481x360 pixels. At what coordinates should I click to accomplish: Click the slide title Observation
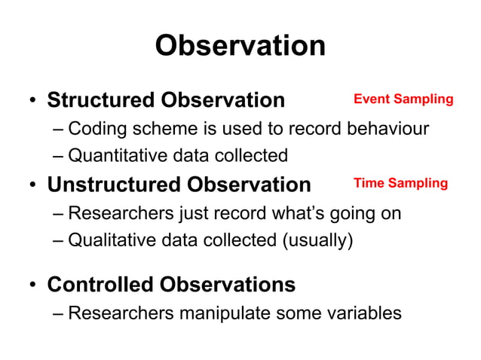[240, 46]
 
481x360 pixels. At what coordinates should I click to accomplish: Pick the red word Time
[369, 184]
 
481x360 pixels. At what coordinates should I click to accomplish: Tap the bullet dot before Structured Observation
[32, 101]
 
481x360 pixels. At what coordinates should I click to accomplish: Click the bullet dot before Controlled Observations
[32, 285]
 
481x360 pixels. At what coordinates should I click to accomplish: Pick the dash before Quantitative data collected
[58, 157]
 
